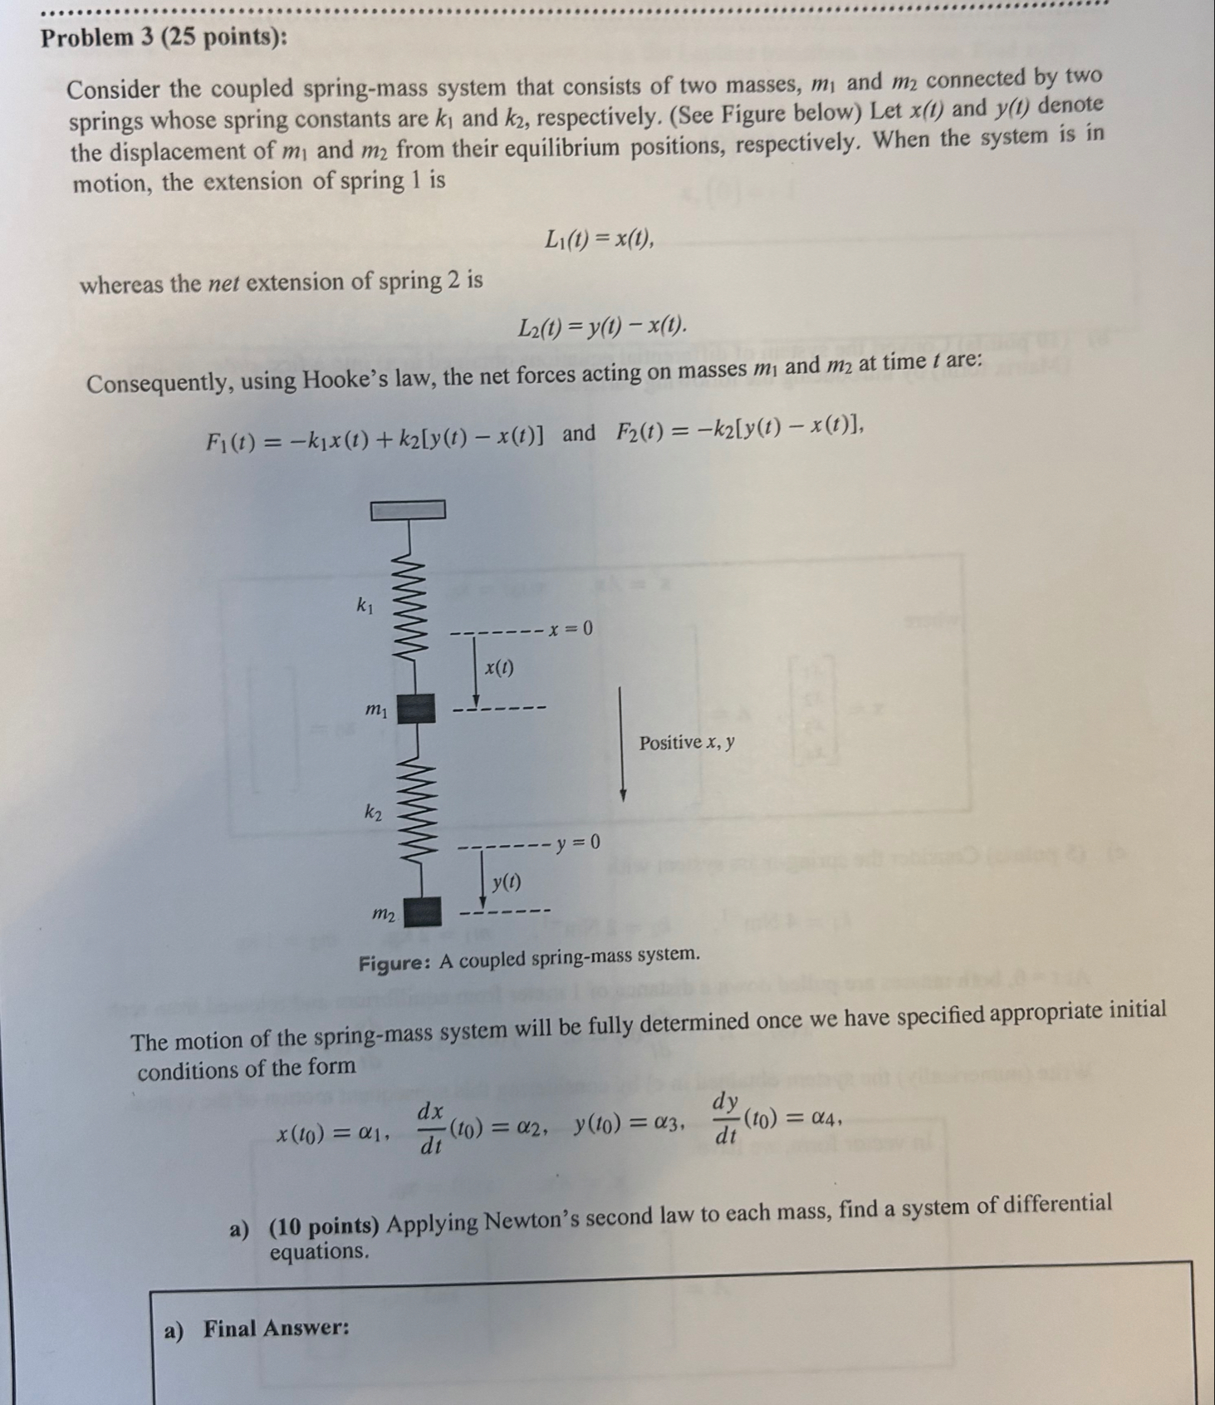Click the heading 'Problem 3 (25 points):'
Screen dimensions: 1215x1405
tap(165, 38)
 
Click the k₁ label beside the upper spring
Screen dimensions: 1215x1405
tap(365, 607)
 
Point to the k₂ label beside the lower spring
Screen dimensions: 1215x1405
tap(374, 811)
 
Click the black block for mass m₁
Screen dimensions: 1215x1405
tap(416, 709)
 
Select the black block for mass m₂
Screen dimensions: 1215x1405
tap(423, 911)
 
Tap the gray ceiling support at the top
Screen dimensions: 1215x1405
tap(408, 509)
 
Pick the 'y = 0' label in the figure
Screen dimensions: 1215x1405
tap(577, 843)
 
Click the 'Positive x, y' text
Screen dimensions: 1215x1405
tap(687, 742)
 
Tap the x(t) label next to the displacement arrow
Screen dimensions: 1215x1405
tap(499, 667)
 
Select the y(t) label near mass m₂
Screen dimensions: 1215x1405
tap(507, 882)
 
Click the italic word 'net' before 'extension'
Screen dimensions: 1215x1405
tap(223, 283)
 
